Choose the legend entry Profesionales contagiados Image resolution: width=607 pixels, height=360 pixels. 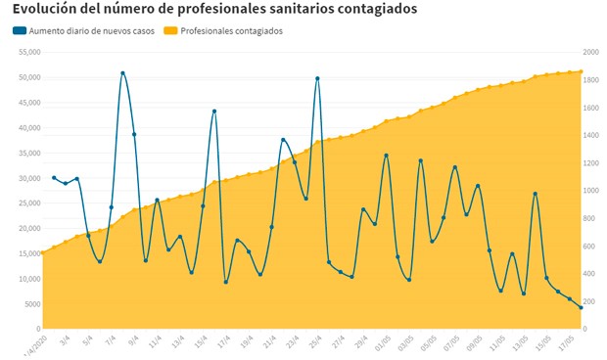click(232, 31)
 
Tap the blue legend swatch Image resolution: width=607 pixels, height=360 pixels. click(20, 31)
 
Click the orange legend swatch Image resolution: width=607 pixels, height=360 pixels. click(171, 31)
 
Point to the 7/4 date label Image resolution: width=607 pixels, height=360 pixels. click(111, 342)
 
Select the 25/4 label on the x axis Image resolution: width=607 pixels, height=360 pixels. click(315, 343)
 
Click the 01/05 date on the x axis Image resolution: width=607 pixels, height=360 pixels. click(382, 344)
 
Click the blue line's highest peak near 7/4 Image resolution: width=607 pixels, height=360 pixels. click(122, 72)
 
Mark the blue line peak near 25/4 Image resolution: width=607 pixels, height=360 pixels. click(317, 78)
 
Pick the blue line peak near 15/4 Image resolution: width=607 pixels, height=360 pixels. click(214, 111)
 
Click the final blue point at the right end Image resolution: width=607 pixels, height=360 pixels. click(582, 307)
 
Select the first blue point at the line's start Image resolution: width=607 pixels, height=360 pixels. click(54, 177)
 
